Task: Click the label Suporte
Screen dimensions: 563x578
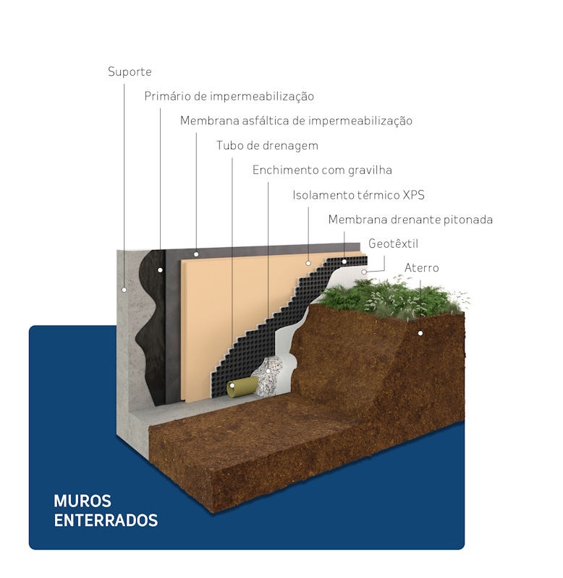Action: pos(130,72)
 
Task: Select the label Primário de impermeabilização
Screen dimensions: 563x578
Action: pos(229,96)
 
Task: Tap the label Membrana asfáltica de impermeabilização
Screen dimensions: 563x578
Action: pos(296,121)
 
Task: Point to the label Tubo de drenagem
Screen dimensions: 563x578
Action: pos(267,146)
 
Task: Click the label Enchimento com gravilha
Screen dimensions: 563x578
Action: pos(322,170)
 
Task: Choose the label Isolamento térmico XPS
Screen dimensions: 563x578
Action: pos(358,194)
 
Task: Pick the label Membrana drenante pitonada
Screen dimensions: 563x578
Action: pos(410,220)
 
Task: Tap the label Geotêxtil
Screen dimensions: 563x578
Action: pos(393,243)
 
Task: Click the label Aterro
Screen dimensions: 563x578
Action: pos(422,267)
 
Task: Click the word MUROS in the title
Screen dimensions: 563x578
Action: pos(82,501)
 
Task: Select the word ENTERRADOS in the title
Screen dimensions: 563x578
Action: pos(106,520)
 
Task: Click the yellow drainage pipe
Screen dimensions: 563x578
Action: pos(242,387)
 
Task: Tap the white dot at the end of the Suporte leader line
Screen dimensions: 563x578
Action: pos(124,290)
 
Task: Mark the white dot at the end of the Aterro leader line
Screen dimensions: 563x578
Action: pos(420,333)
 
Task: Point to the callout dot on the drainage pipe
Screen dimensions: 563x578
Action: pos(232,386)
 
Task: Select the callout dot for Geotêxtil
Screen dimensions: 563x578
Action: pos(364,272)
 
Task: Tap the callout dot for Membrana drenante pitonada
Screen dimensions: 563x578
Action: pos(344,262)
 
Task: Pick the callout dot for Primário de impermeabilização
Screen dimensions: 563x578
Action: pos(160,270)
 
